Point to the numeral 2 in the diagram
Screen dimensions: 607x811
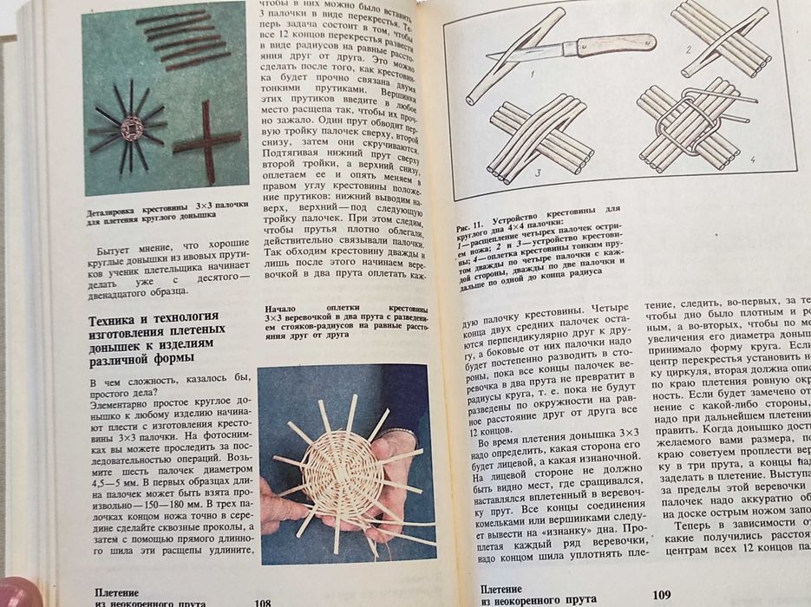tap(688, 49)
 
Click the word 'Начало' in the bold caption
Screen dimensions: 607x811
tap(279, 308)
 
